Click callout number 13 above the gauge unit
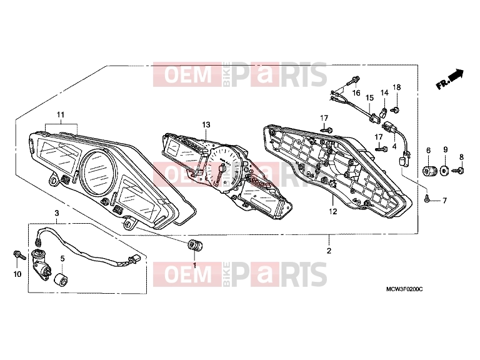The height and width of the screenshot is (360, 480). [x=206, y=124]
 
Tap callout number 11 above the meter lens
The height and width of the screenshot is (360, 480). [x=61, y=115]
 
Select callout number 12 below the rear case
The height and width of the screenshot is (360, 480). [x=333, y=211]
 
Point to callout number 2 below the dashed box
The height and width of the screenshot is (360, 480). [x=329, y=251]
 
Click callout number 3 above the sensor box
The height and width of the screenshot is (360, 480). [x=57, y=212]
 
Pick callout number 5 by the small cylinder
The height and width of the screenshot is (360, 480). [x=62, y=259]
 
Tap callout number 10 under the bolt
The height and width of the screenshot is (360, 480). [x=17, y=274]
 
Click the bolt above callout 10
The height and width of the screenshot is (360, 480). [x=19, y=255]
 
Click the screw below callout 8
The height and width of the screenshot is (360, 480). [x=459, y=170]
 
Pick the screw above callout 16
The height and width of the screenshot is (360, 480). [x=354, y=81]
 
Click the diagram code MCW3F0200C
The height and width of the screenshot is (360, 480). [x=404, y=289]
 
